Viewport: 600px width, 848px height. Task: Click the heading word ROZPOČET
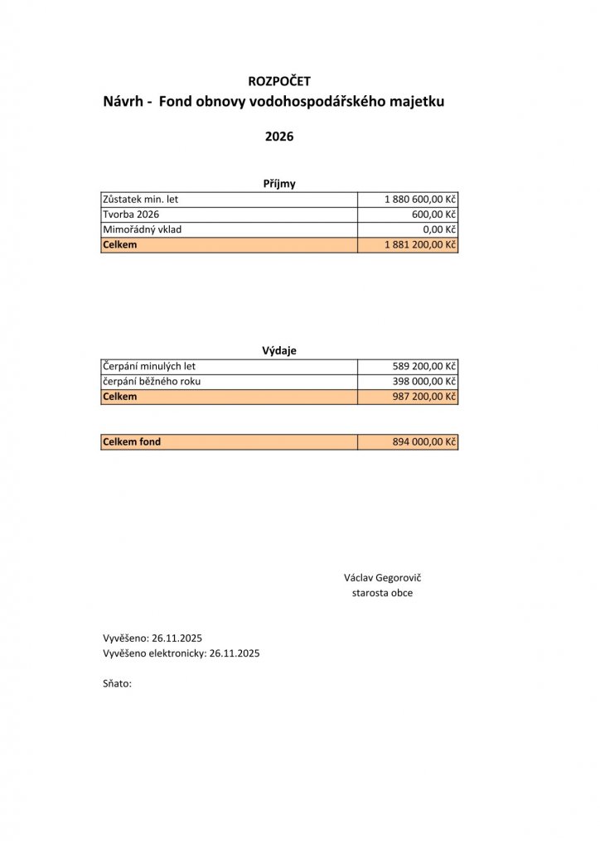pos(279,80)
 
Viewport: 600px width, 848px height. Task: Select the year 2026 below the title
pos(279,137)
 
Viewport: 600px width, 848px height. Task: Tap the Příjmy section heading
pos(279,185)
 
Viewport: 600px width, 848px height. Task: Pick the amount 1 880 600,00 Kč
pos(421,200)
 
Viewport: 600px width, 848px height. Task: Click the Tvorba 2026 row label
pos(130,214)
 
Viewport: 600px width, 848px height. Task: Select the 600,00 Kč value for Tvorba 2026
pos(433,214)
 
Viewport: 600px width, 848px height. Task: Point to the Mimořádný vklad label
pos(142,229)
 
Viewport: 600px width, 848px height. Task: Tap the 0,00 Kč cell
pos(439,229)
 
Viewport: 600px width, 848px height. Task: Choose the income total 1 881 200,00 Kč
pos(421,245)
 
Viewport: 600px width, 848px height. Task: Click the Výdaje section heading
pos(279,350)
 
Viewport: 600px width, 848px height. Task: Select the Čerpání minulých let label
pos(149,366)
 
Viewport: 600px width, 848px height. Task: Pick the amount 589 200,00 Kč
pos(425,366)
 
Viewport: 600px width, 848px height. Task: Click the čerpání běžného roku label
pos(152,381)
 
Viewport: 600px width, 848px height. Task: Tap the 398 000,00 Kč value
pos(425,381)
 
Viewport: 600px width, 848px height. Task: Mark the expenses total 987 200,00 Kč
pos(425,397)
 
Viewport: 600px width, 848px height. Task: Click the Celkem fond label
pos(131,442)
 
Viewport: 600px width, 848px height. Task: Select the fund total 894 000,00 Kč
pos(425,442)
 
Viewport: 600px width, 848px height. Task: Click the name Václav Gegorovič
pos(382,577)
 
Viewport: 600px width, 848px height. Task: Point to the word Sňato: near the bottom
pos(117,684)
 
